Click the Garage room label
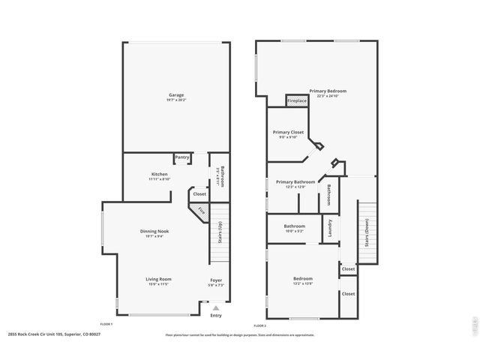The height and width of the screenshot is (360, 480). (x=176, y=95)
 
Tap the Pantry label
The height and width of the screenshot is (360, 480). (x=182, y=157)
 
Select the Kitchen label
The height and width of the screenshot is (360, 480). (x=160, y=174)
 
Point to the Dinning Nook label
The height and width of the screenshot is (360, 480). (x=154, y=231)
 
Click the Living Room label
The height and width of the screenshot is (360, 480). (x=158, y=279)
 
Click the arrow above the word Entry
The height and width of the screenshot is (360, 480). (x=216, y=308)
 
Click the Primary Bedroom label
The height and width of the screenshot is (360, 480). (x=331, y=91)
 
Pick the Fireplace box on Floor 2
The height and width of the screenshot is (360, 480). (x=297, y=100)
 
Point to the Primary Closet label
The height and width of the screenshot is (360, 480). (x=288, y=132)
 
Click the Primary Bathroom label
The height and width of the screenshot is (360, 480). (x=295, y=181)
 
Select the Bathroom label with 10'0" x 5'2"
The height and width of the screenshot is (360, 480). (x=294, y=226)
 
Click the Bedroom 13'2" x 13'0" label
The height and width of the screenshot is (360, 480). (x=303, y=279)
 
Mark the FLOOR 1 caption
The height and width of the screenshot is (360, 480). (x=106, y=324)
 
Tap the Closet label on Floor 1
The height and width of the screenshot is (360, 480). (x=199, y=194)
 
